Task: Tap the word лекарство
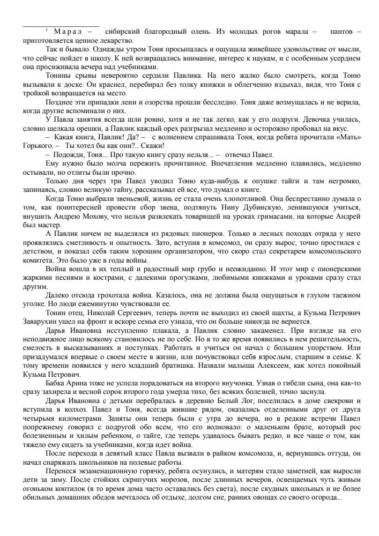(117, 40)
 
